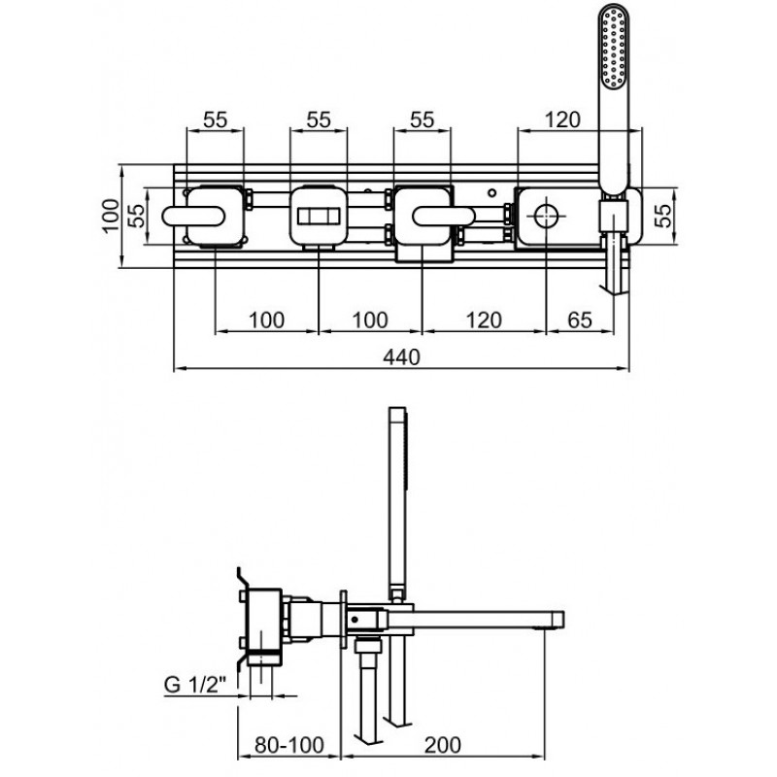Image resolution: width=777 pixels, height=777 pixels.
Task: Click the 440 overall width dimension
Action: [401, 356]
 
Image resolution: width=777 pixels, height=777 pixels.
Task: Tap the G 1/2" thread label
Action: [195, 686]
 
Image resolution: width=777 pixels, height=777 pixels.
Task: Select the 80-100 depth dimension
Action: [289, 745]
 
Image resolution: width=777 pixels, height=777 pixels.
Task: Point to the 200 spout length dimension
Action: [443, 745]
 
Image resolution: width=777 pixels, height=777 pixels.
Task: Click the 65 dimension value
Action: [580, 321]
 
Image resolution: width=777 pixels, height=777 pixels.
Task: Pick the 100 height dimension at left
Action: [111, 215]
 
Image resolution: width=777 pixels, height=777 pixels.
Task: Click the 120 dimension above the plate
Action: [562, 119]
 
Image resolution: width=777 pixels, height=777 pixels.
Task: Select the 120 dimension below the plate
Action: [484, 321]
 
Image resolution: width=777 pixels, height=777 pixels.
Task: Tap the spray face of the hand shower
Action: [614, 48]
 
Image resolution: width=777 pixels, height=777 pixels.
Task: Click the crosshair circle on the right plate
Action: [545, 216]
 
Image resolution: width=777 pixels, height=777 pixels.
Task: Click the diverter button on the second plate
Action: [319, 217]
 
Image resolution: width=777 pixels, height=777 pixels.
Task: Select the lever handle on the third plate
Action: [444, 217]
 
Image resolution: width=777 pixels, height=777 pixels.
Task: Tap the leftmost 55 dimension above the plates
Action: [215, 119]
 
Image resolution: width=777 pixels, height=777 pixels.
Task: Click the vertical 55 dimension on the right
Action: [662, 216]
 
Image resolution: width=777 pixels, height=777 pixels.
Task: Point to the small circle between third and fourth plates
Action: [491, 192]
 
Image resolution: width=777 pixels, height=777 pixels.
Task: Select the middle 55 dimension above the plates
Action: [319, 119]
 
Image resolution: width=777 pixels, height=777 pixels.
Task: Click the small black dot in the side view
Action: [355, 619]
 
